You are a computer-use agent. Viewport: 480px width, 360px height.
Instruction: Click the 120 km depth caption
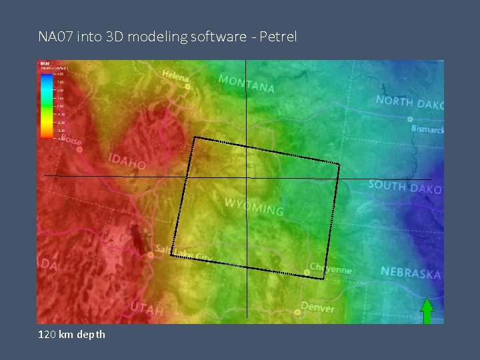pyautogui.click(x=72, y=334)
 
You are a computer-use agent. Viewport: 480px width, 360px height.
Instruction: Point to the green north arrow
pyautogui.click(x=427, y=311)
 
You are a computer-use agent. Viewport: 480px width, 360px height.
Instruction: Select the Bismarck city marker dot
pyautogui.click(x=409, y=119)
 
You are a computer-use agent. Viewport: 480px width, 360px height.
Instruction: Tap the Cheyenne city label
pyautogui.click(x=331, y=266)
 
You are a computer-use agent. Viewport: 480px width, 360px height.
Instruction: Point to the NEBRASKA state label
pyautogui.click(x=410, y=273)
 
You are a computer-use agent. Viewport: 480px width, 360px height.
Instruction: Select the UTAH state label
pyautogui.click(x=147, y=308)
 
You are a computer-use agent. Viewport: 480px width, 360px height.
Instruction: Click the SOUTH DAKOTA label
pyautogui.click(x=405, y=187)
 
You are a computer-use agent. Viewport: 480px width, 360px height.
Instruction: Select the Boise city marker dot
pyautogui.click(x=79, y=149)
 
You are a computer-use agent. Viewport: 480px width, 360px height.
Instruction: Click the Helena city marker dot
pyautogui.click(x=188, y=87)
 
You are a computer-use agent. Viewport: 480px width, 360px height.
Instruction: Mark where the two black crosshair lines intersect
pyautogui.click(x=246, y=177)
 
